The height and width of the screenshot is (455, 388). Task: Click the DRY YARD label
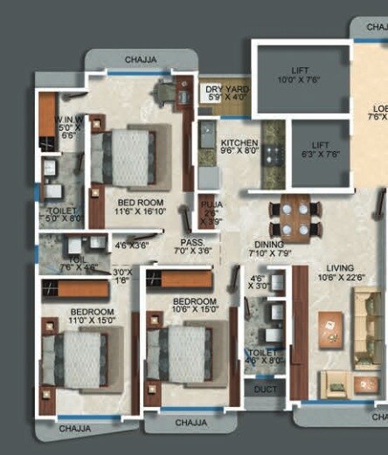(226, 93)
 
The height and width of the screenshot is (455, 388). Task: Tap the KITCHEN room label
(238, 145)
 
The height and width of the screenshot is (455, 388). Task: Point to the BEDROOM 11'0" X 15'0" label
(93, 316)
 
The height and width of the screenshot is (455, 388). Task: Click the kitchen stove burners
(272, 158)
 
